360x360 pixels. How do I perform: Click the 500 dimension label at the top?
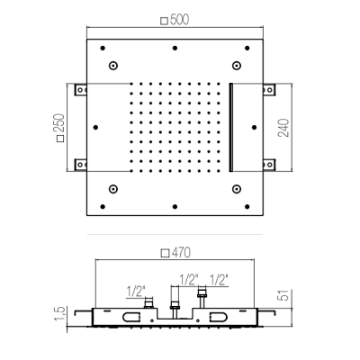tap(179, 20)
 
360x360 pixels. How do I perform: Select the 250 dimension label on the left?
tap(58, 123)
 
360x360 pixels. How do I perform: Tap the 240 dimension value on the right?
tap(283, 128)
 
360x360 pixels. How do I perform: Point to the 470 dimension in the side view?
tap(181, 253)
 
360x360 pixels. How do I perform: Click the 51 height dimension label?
tap(285, 295)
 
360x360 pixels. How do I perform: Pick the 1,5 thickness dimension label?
tap(60, 313)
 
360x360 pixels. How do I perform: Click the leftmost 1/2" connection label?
tap(136, 292)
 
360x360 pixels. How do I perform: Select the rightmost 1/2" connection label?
tap(219, 280)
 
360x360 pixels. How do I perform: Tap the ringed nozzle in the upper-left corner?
tap(112, 66)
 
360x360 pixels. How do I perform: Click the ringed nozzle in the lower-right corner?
tap(237, 189)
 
